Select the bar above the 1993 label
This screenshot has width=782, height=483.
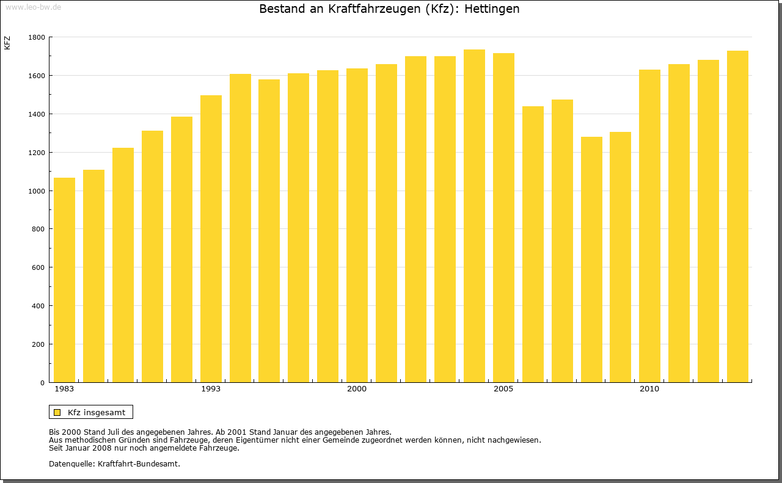(211, 238)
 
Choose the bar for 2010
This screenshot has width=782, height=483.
(649, 226)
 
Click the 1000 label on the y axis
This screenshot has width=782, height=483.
(37, 191)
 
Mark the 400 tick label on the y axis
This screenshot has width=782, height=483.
(38, 306)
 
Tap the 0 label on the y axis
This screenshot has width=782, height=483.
(43, 383)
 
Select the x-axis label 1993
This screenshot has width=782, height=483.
(211, 389)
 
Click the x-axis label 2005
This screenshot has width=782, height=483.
(503, 389)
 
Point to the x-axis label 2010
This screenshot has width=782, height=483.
(649, 389)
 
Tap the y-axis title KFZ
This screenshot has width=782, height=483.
(7, 43)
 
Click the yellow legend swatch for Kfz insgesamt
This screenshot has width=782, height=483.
(57, 412)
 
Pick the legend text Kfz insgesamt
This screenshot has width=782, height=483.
(97, 412)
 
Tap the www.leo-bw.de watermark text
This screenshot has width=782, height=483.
(32, 6)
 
